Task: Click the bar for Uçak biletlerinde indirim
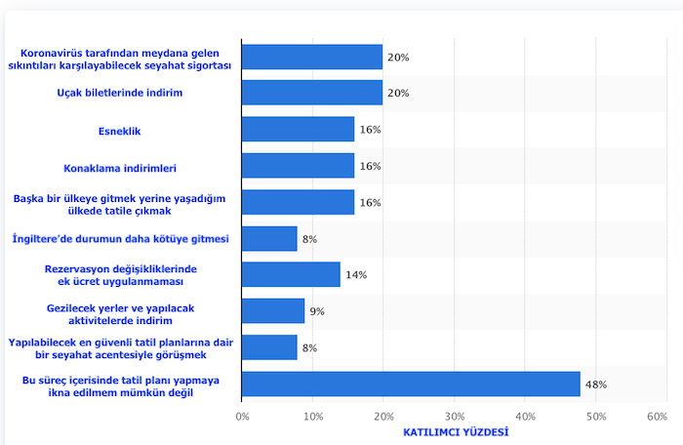(311, 93)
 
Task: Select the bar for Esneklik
(298, 129)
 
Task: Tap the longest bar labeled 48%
(411, 384)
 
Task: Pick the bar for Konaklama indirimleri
(298, 166)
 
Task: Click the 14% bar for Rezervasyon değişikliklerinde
(291, 274)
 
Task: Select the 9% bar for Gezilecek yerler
(273, 311)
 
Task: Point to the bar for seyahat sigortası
(311, 57)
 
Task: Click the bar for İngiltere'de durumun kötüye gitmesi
(269, 238)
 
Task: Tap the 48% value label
(595, 384)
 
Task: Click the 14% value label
(355, 275)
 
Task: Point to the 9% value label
(316, 311)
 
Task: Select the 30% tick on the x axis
(454, 416)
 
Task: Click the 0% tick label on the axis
(243, 416)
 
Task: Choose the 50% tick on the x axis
(595, 416)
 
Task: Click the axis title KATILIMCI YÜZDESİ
(456, 431)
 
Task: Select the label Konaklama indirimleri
(121, 167)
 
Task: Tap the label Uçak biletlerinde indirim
(121, 93)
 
